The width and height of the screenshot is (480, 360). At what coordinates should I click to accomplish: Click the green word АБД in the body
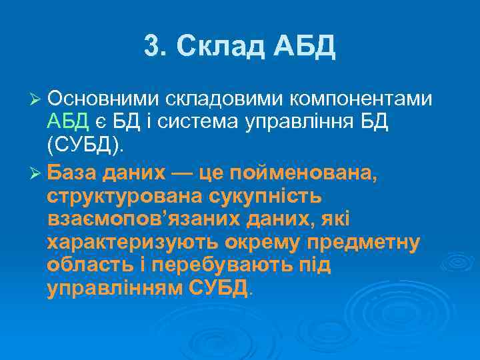click(68, 121)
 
